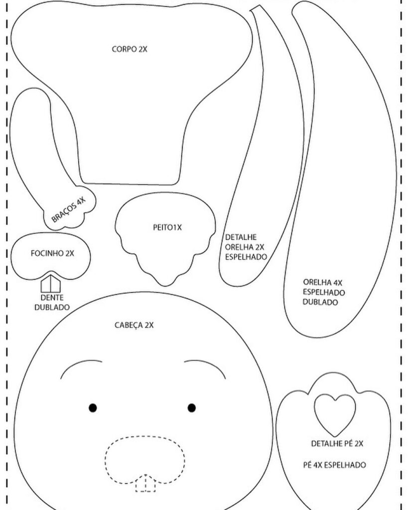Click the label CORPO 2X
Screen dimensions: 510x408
pyautogui.click(x=129, y=49)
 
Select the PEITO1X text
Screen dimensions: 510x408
pyautogui.click(x=167, y=228)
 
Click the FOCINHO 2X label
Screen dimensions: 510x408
pyautogui.click(x=52, y=253)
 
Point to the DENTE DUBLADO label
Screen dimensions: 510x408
pyautogui.click(x=52, y=302)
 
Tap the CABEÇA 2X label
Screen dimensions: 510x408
pyautogui.click(x=134, y=325)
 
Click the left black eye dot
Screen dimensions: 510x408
pyautogui.click(x=93, y=408)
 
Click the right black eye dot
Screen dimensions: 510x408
pyautogui.click(x=192, y=408)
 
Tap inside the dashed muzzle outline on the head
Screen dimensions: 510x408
pyautogui.click(x=144, y=456)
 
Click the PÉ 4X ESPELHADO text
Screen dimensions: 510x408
pyautogui.click(x=334, y=465)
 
